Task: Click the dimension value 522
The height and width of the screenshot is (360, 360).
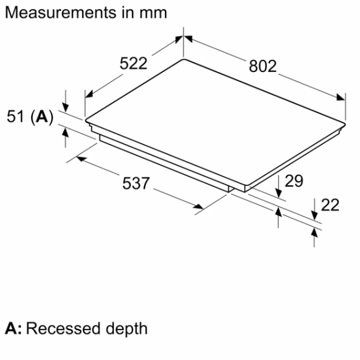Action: coord(134,64)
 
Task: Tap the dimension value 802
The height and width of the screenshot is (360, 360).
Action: coord(263,66)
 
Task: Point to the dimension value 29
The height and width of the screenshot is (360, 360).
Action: coord(294,182)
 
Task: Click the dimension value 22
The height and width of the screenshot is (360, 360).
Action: coord(330,205)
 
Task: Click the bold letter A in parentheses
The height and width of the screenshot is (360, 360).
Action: coord(43,117)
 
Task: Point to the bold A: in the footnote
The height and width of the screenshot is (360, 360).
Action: coord(13,329)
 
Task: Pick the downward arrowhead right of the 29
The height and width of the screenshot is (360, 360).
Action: coord(279,191)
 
